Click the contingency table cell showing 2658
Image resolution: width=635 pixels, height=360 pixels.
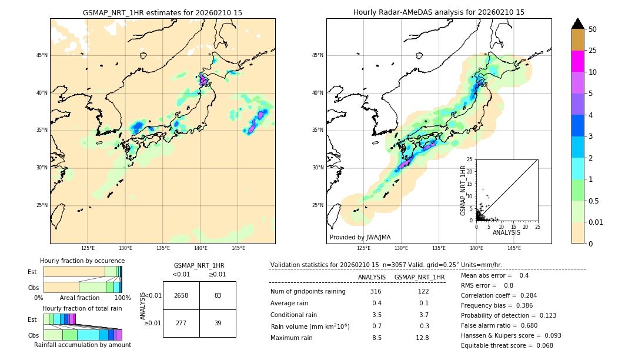point(181,295)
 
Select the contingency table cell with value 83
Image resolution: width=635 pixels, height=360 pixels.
point(218,295)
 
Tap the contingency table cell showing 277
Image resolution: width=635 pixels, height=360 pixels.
point(181,323)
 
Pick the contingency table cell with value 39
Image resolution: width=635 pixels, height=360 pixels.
point(218,323)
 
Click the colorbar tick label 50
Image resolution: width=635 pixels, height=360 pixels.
point(593,29)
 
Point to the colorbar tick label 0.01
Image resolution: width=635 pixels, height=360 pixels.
point(596,222)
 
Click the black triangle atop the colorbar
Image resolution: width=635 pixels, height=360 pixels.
point(577,24)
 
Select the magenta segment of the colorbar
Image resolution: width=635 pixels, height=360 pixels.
point(577,61)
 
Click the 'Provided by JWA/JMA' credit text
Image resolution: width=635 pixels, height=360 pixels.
point(360,238)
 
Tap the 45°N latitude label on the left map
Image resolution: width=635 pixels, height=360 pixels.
point(42,55)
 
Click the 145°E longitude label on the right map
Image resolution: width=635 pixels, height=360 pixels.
point(514,248)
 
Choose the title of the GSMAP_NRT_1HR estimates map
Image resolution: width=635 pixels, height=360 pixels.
point(162,12)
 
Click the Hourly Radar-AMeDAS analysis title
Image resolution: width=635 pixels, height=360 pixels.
point(439,12)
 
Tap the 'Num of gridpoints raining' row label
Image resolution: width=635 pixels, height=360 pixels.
point(308,292)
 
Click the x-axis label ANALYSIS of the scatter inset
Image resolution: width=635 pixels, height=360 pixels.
point(506,232)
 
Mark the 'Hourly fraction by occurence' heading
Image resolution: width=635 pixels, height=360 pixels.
point(82,261)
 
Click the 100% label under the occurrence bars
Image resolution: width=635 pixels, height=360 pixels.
point(122,298)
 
